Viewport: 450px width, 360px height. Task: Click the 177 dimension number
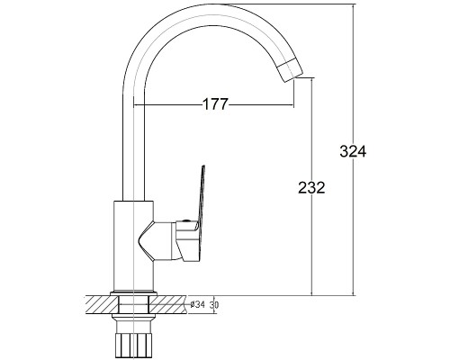point(216,104)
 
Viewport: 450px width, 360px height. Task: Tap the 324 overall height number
point(353,151)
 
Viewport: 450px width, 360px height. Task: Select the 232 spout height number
point(311,188)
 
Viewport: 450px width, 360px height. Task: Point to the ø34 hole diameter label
point(197,305)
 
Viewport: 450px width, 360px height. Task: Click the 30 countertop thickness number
point(214,305)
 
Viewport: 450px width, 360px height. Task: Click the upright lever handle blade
point(200,198)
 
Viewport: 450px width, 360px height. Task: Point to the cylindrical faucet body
point(133,246)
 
